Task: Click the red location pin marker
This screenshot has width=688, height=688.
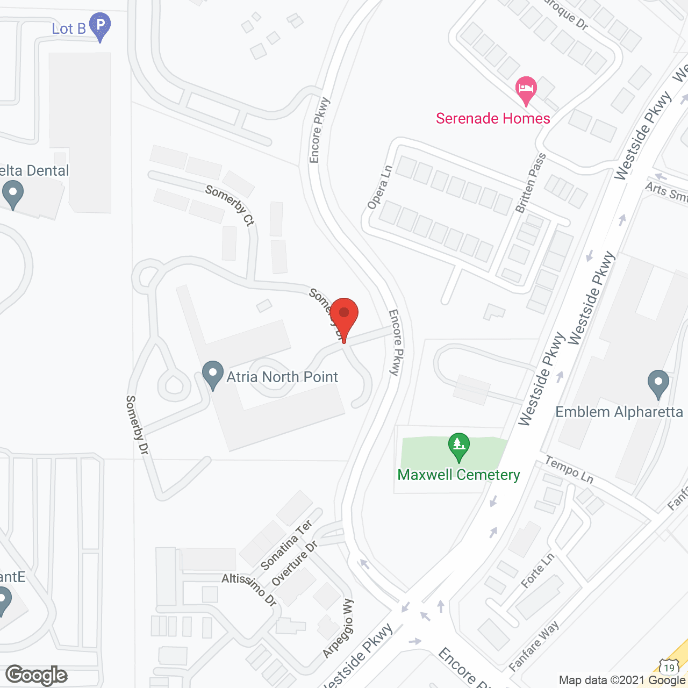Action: coord(344,317)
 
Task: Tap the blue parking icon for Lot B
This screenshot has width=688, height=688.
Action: coord(100,26)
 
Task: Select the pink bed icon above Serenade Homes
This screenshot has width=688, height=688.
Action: coord(526,89)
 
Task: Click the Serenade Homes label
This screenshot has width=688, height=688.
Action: coord(493,118)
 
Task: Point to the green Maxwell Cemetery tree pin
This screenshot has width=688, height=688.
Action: coord(459,446)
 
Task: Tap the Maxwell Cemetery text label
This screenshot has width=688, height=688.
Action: coord(458,475)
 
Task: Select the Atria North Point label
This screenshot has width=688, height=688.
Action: coord(282,377)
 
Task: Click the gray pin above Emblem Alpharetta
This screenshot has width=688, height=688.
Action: coord(658,384)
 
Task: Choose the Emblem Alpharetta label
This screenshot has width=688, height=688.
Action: coord(619,412)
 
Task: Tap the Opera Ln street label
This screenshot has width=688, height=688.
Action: coord(380,187)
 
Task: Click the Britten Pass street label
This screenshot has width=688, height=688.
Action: coord(531,183)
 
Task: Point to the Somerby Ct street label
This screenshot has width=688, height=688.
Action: coord(230,205)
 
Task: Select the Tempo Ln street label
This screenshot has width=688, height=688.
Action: coord(569,469)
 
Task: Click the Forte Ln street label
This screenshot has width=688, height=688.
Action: coord(537,571)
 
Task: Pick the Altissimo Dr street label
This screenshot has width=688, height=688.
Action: coord(249,589)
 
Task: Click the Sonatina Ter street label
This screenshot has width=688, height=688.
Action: coord(286,545)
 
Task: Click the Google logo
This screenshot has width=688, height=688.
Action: coord(37,675)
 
